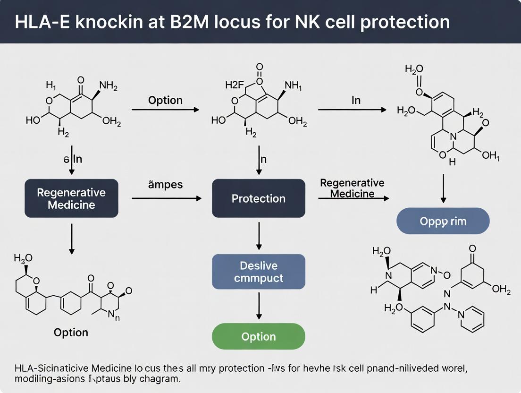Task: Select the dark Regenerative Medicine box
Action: click(x=71, y=198)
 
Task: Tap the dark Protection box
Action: click(x=258, y=198)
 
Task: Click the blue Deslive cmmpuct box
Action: click(x=258, y=272)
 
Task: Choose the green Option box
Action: click(x=258, y=336)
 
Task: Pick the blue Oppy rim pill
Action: click(x=443, y=221)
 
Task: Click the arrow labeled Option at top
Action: click(x=165, y=110)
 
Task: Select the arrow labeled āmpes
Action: click(x=166, y=198)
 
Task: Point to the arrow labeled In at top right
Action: click(x=352, y=110)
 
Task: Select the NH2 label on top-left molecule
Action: click(x=108, y=86)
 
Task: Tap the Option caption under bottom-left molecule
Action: click(x=71, y=333)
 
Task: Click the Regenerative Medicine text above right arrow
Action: click(x=352, y=188)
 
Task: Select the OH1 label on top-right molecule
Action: click(x=490, y=156)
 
